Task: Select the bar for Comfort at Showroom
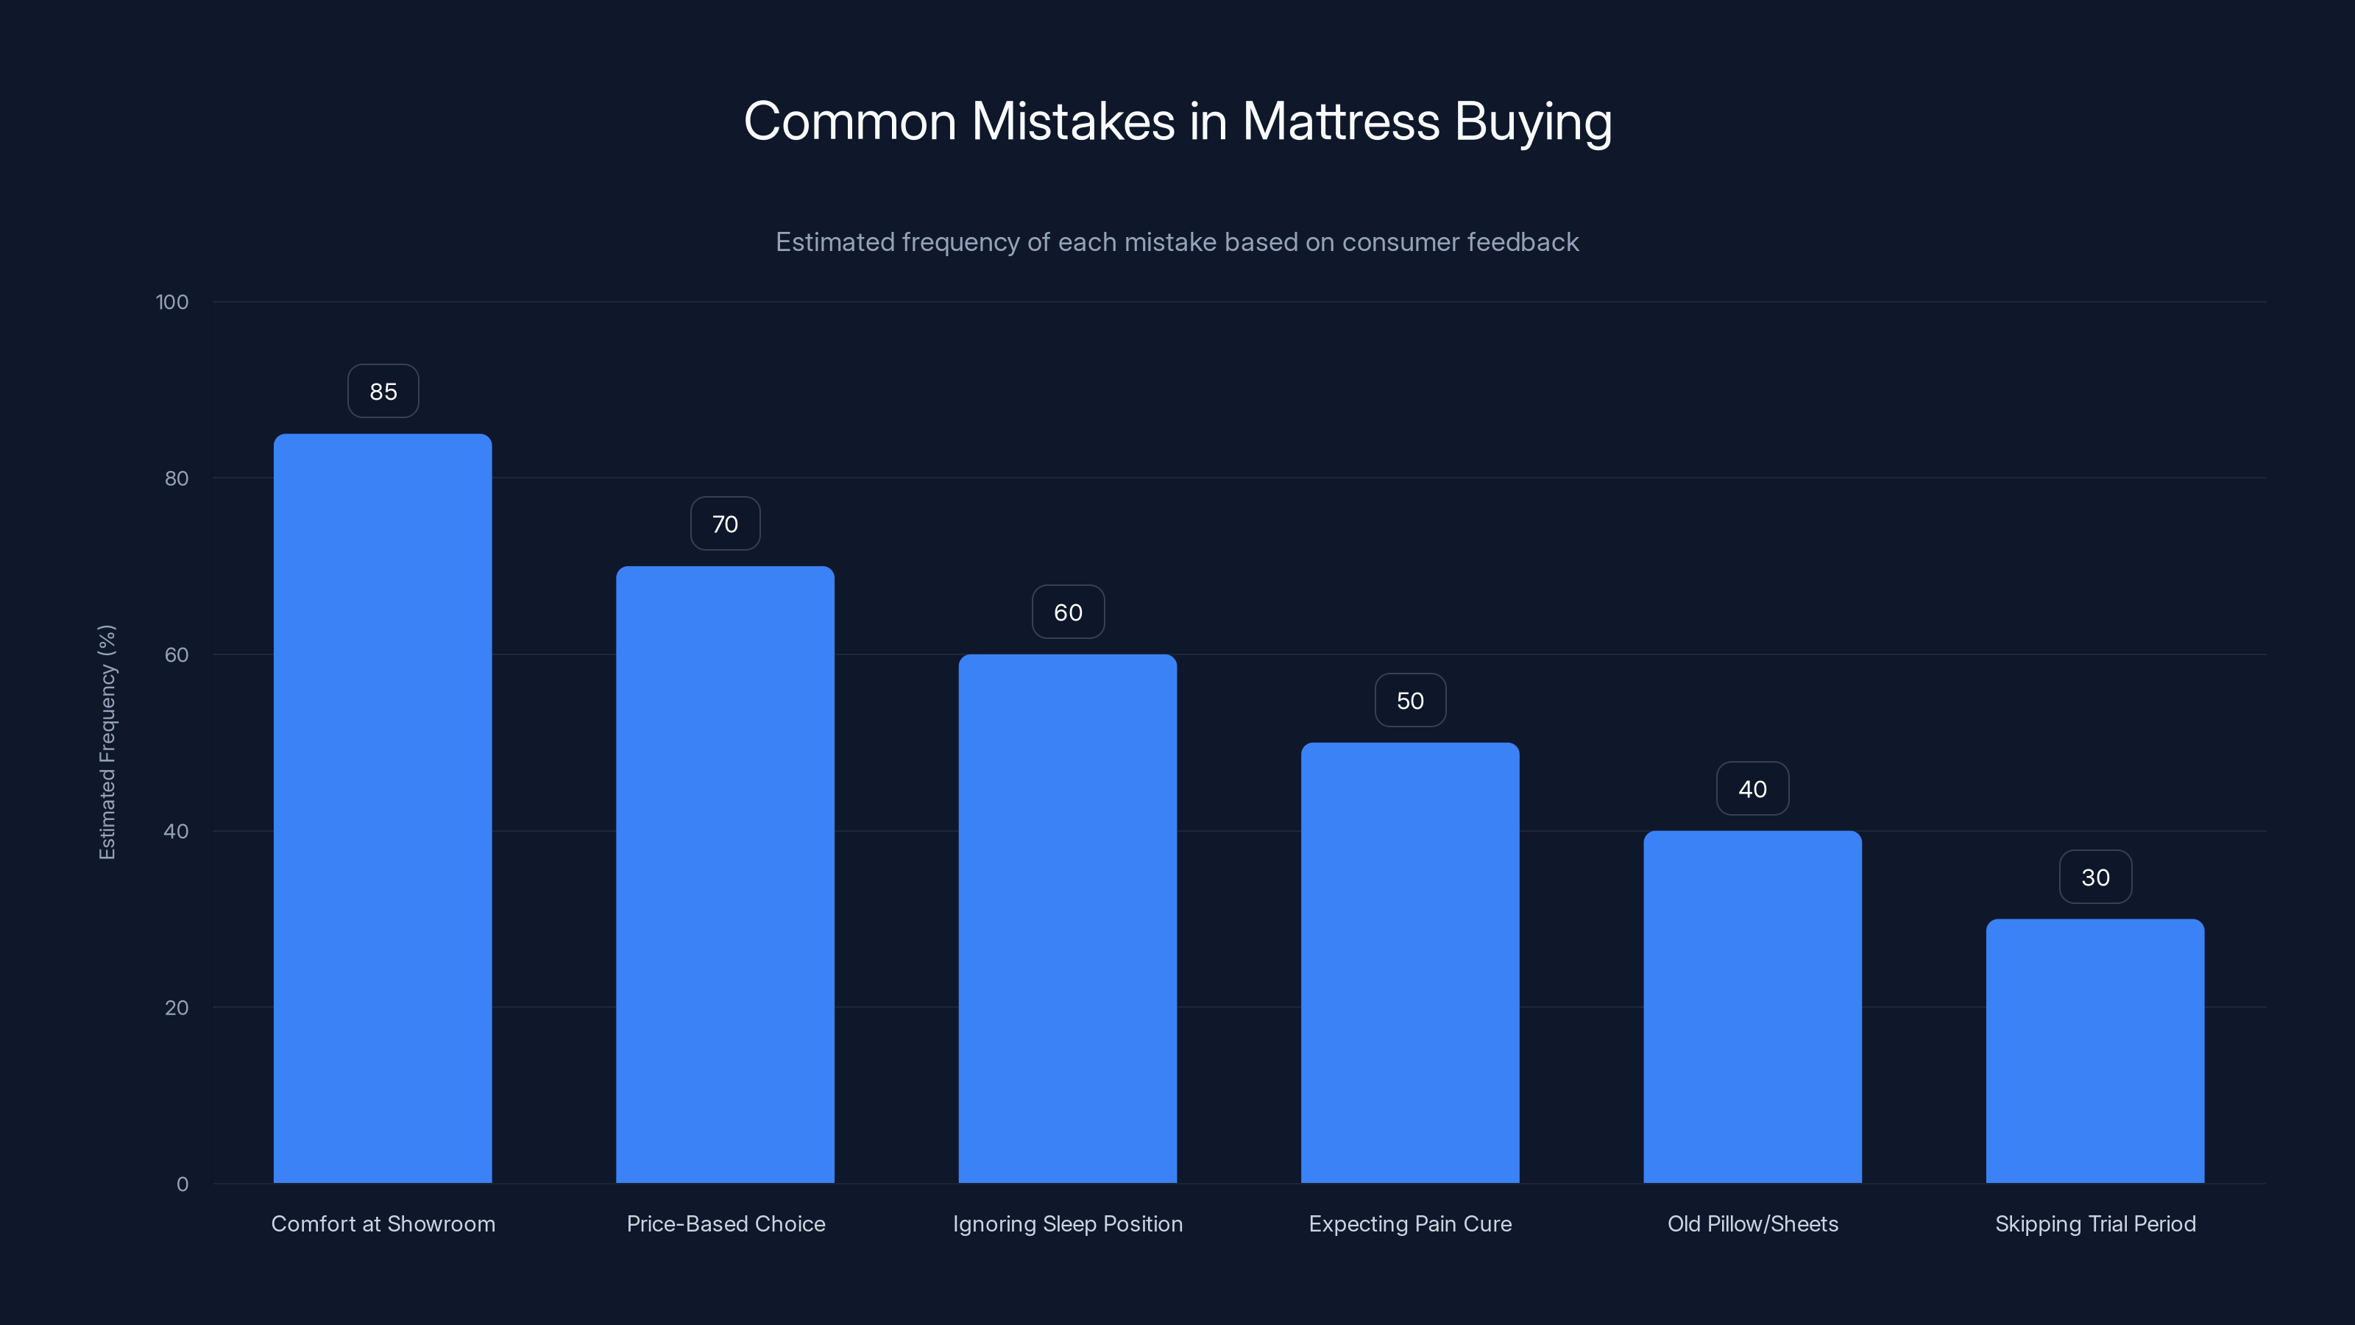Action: pyautogui.click(x=382, y=808)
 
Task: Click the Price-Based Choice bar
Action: pyautogui.click(x=725, y=875)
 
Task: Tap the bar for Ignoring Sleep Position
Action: pyautogui.click(x=1067, y=918)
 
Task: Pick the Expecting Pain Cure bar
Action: pyautogui.click(x=1410, y=962)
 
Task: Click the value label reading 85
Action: pyautogui.click(x=383, y=392)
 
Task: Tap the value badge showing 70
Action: pyautogui.click(x=725, y=524)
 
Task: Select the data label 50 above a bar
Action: pyautogui.click(x=1410, y=701)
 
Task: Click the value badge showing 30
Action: pyautogui.click(x=2094, y=877)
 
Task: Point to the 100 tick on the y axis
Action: pyautogui.click(x=172, y=302)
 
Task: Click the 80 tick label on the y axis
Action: pyautogui.click(x=177, y=478)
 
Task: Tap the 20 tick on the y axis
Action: pyautogui.click(x=177, y=1008)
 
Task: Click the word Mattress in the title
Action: pyautogui.click(x=1340, y=121)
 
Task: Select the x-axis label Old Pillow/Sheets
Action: pyautogui.click(x=1752, y=1223)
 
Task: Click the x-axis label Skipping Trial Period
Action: pyautogui.click(x=2094, y=1223)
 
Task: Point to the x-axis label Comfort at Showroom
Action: pyautogui.click(x=383, y=1223)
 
